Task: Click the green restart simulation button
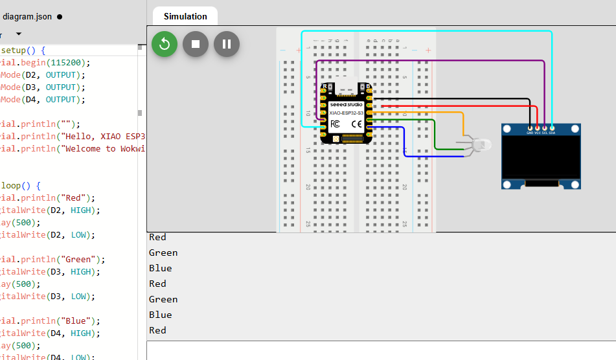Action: point(165,44)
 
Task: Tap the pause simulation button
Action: point(227,44)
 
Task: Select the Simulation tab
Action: point(185,16)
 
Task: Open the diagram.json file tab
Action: point(27,17)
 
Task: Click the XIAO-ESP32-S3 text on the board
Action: point(347,113)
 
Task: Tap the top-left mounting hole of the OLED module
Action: point(507,129)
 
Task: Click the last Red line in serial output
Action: point(157,330)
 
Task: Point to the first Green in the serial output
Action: point(163,253)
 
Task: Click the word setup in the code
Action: point(17,50)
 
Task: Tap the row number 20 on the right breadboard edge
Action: point(404,186)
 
